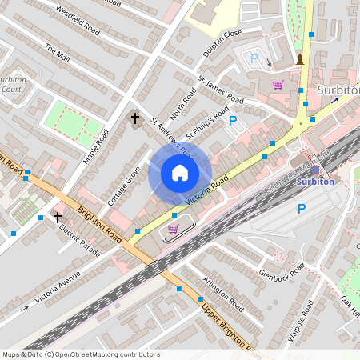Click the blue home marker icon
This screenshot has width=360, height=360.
pos(180,173)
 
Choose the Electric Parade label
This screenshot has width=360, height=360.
pos(79,240)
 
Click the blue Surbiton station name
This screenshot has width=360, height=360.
pos(315,182)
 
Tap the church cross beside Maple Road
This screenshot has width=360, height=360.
pos(135,118)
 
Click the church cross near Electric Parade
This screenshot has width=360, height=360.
pos(58,216)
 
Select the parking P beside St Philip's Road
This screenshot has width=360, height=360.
pos(233,121)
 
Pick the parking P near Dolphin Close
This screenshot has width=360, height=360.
pos(254,58)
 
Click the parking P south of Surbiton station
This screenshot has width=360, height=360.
pos(302,209)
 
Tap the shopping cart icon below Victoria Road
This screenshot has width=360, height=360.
pos(172,229)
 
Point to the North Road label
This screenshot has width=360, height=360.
pos(182,102)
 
